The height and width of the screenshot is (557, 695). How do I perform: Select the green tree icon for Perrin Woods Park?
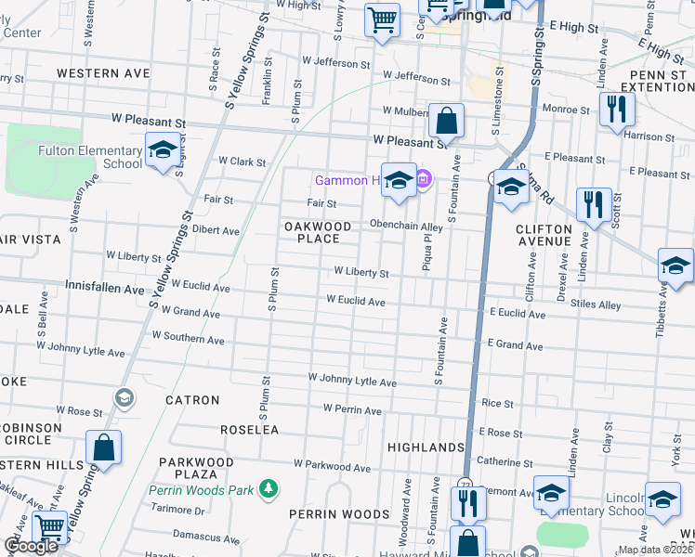pos(269,487)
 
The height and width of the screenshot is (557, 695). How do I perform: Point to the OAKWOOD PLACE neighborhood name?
pos(318,232)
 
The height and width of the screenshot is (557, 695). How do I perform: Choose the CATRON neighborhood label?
pos(192,400)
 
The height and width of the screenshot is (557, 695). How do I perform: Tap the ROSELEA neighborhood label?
pos(249,430)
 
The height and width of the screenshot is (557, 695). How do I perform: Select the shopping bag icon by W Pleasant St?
pos(447,121)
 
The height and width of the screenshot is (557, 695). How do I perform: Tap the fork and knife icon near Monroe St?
pos(616,108)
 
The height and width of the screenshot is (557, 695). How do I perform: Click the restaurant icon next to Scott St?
pos(593,203)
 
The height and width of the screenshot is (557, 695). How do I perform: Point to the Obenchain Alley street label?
pos(406,226)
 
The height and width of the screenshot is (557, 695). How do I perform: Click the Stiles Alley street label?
pos(596,304)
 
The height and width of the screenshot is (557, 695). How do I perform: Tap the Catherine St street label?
pos(504,460)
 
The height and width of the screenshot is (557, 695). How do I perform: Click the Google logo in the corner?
pos(31,546)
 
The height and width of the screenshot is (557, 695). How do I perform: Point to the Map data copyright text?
pos(656,550)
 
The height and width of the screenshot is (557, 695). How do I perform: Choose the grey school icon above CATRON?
pos(123,398)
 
